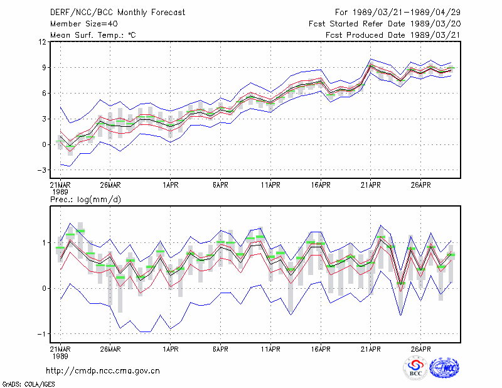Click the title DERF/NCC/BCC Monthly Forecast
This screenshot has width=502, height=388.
point(117,13)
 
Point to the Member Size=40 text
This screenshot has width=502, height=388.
point(84,24)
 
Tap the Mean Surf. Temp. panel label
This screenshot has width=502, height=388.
point(93,35)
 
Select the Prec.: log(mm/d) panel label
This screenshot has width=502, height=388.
point(85,200)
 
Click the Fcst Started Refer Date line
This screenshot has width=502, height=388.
point(385,24)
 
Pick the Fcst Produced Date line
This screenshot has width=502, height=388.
point(393,35)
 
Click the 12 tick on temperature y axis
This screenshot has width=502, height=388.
point(43,41)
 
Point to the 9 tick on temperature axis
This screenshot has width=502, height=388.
point(44,68)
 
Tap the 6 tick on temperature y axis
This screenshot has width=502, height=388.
point(44,94)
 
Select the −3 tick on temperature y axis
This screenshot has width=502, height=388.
point(41,170)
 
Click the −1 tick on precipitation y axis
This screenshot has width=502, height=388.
point(41,334)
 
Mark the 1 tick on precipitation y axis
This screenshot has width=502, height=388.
point(44,243)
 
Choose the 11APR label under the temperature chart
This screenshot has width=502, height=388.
point(270,185)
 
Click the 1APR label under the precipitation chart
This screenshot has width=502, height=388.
point(170,349)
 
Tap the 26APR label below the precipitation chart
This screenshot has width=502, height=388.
point(420,349)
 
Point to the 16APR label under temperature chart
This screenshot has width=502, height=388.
point(321,185)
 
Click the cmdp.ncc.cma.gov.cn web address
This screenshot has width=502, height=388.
point(103,371)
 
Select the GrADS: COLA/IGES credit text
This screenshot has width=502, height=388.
point(28,384)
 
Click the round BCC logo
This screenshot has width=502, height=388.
point(415,369)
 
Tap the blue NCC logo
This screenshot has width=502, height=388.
point(444,368)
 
